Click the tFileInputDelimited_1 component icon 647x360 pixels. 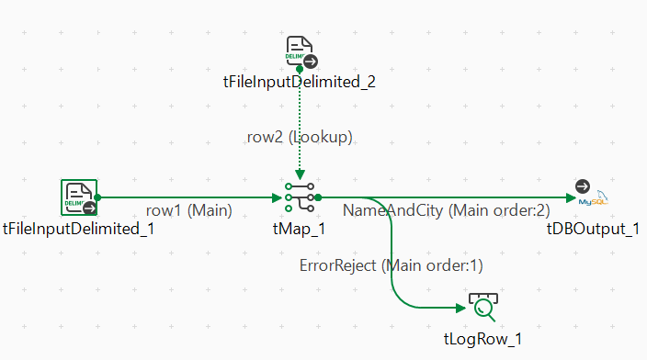pos(79,197)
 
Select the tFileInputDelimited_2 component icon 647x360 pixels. pos(301,51)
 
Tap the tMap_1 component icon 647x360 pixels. pos(300,197)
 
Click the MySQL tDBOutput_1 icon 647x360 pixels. pos(592,193)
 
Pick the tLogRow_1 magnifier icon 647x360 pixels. pos(483,307)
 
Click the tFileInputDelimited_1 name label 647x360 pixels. pos(78,229)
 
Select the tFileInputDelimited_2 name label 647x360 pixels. pos(300,82)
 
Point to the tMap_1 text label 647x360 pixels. pos(300,229)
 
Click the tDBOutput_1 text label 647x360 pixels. pos(593,229)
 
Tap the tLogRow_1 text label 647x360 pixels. pos(482,339)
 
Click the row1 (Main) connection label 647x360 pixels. pos(189,210)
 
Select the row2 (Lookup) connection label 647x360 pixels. pos(300,137)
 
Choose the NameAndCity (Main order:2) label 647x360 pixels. pos(447,210)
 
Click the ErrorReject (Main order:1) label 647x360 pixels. pos(392,265)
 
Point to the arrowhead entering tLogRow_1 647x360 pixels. pos(461,308)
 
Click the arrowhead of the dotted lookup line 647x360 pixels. pos(300,174)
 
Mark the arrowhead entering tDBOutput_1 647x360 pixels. pos(571,198)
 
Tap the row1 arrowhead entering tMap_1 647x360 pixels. pos(278,198)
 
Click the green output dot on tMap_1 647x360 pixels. pos(318,198)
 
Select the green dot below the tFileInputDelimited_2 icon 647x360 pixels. pos(300,69)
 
